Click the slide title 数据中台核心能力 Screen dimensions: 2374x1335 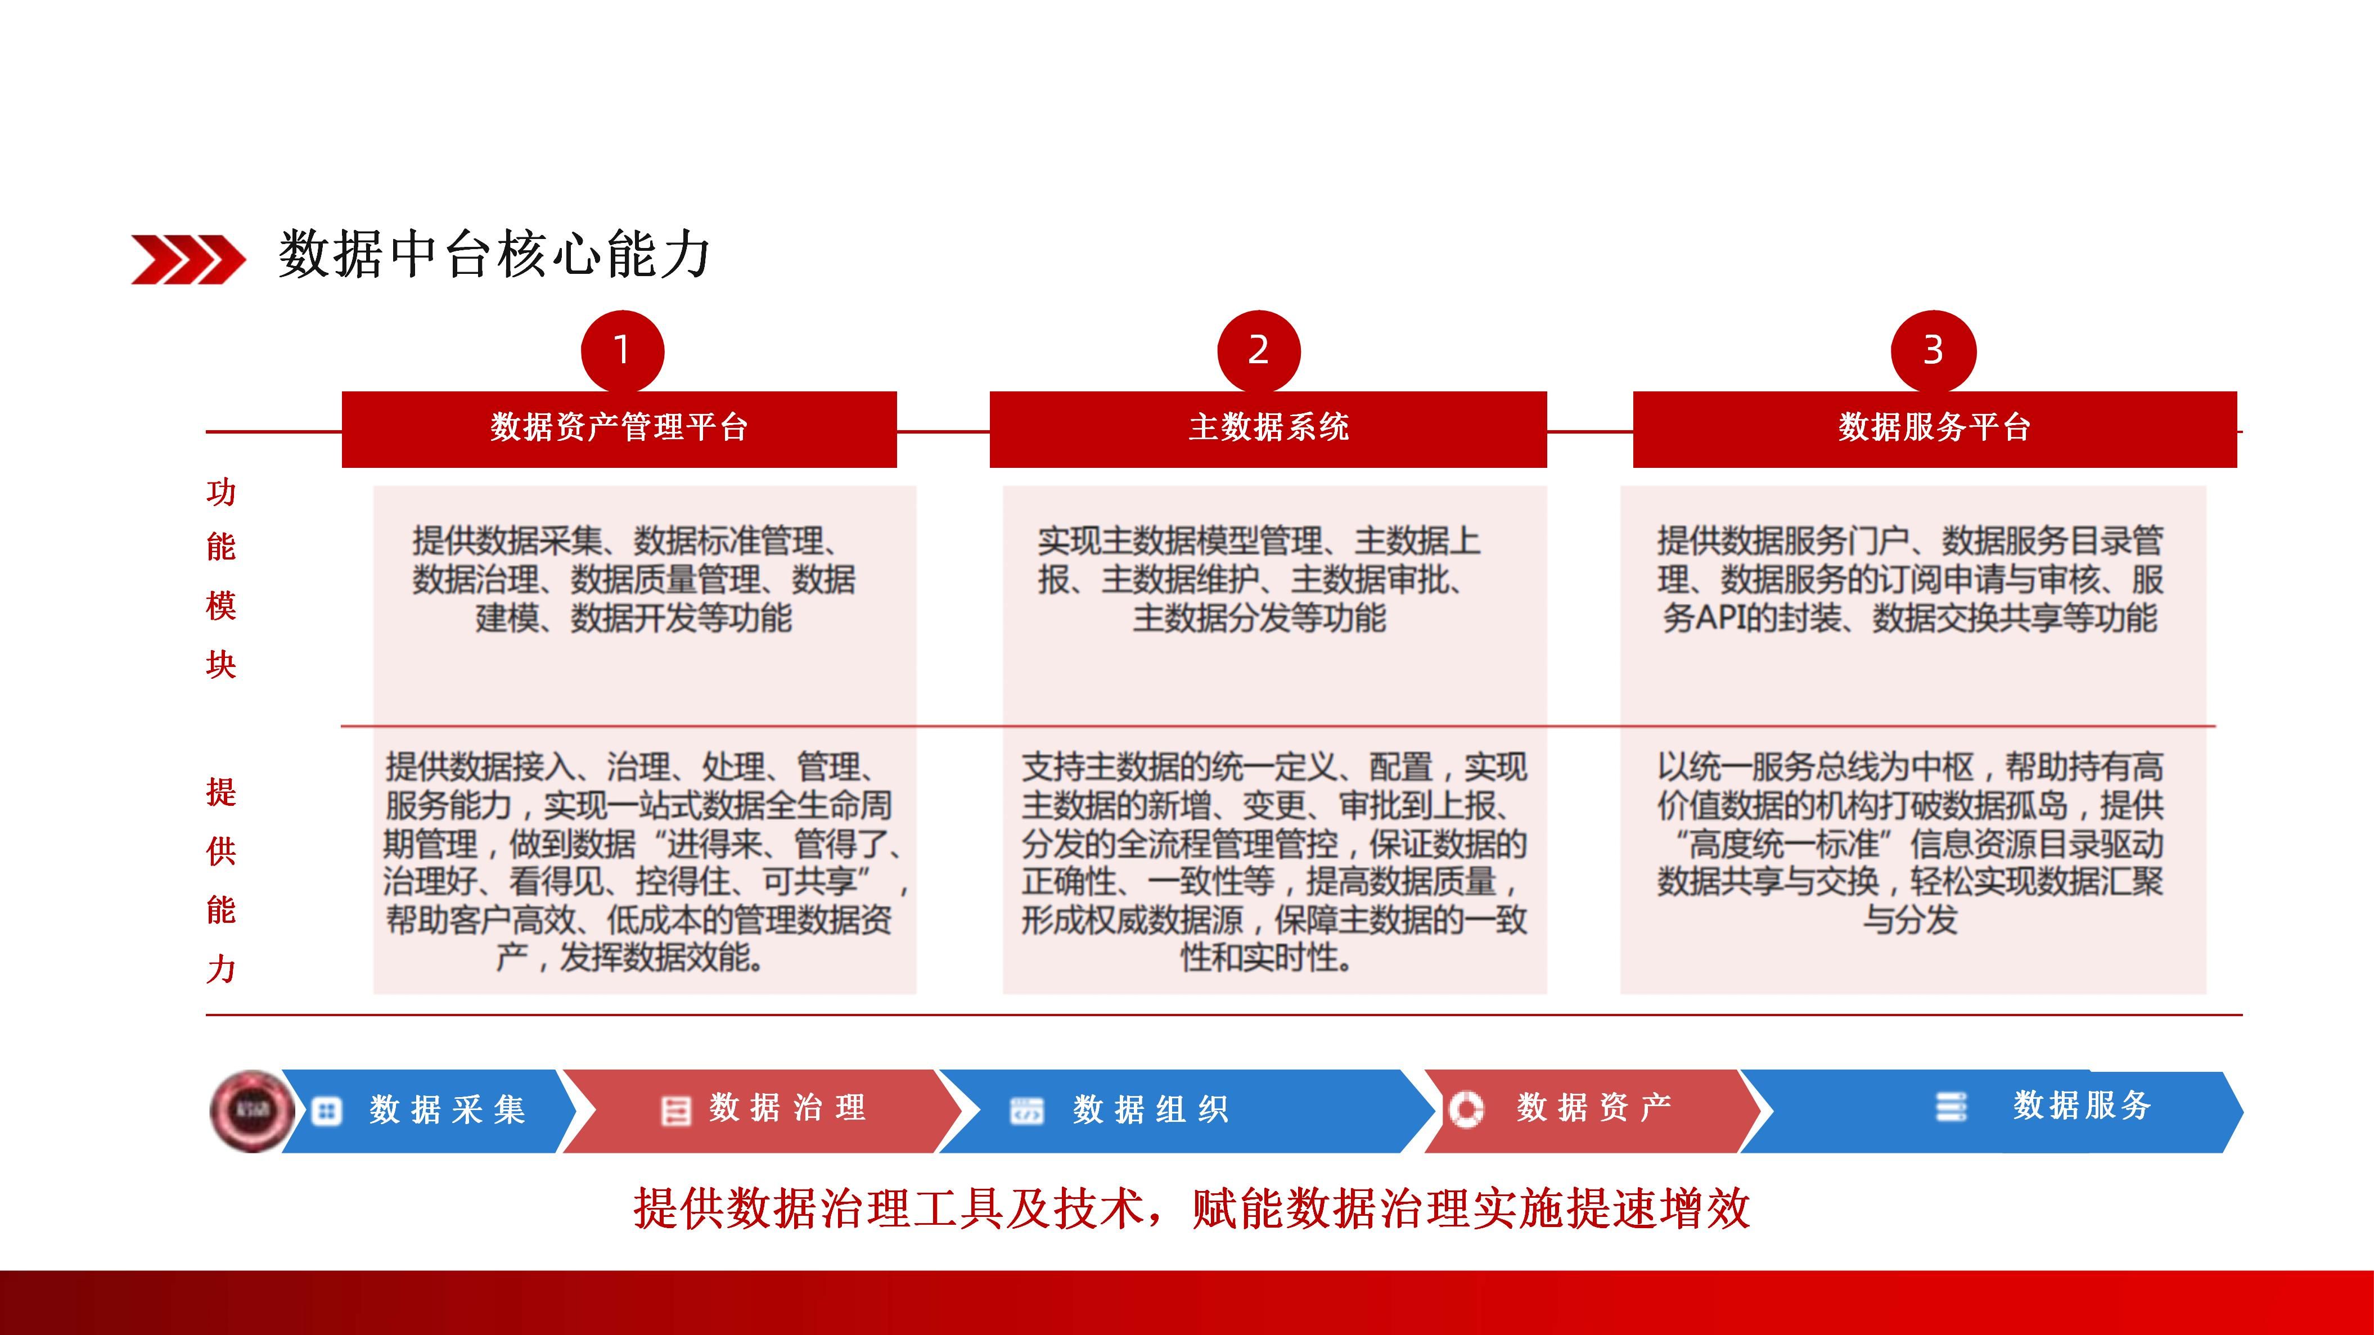point(494,254)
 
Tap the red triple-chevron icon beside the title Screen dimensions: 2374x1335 point(188,259)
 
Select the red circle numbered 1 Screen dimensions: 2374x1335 point(622,351)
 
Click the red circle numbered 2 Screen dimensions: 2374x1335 point(1258,351)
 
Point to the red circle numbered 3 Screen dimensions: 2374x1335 point(1932,351)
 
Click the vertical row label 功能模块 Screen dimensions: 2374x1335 point(221,579)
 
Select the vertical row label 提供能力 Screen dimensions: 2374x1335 point(221,880)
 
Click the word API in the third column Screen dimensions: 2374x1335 point(1724,618)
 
